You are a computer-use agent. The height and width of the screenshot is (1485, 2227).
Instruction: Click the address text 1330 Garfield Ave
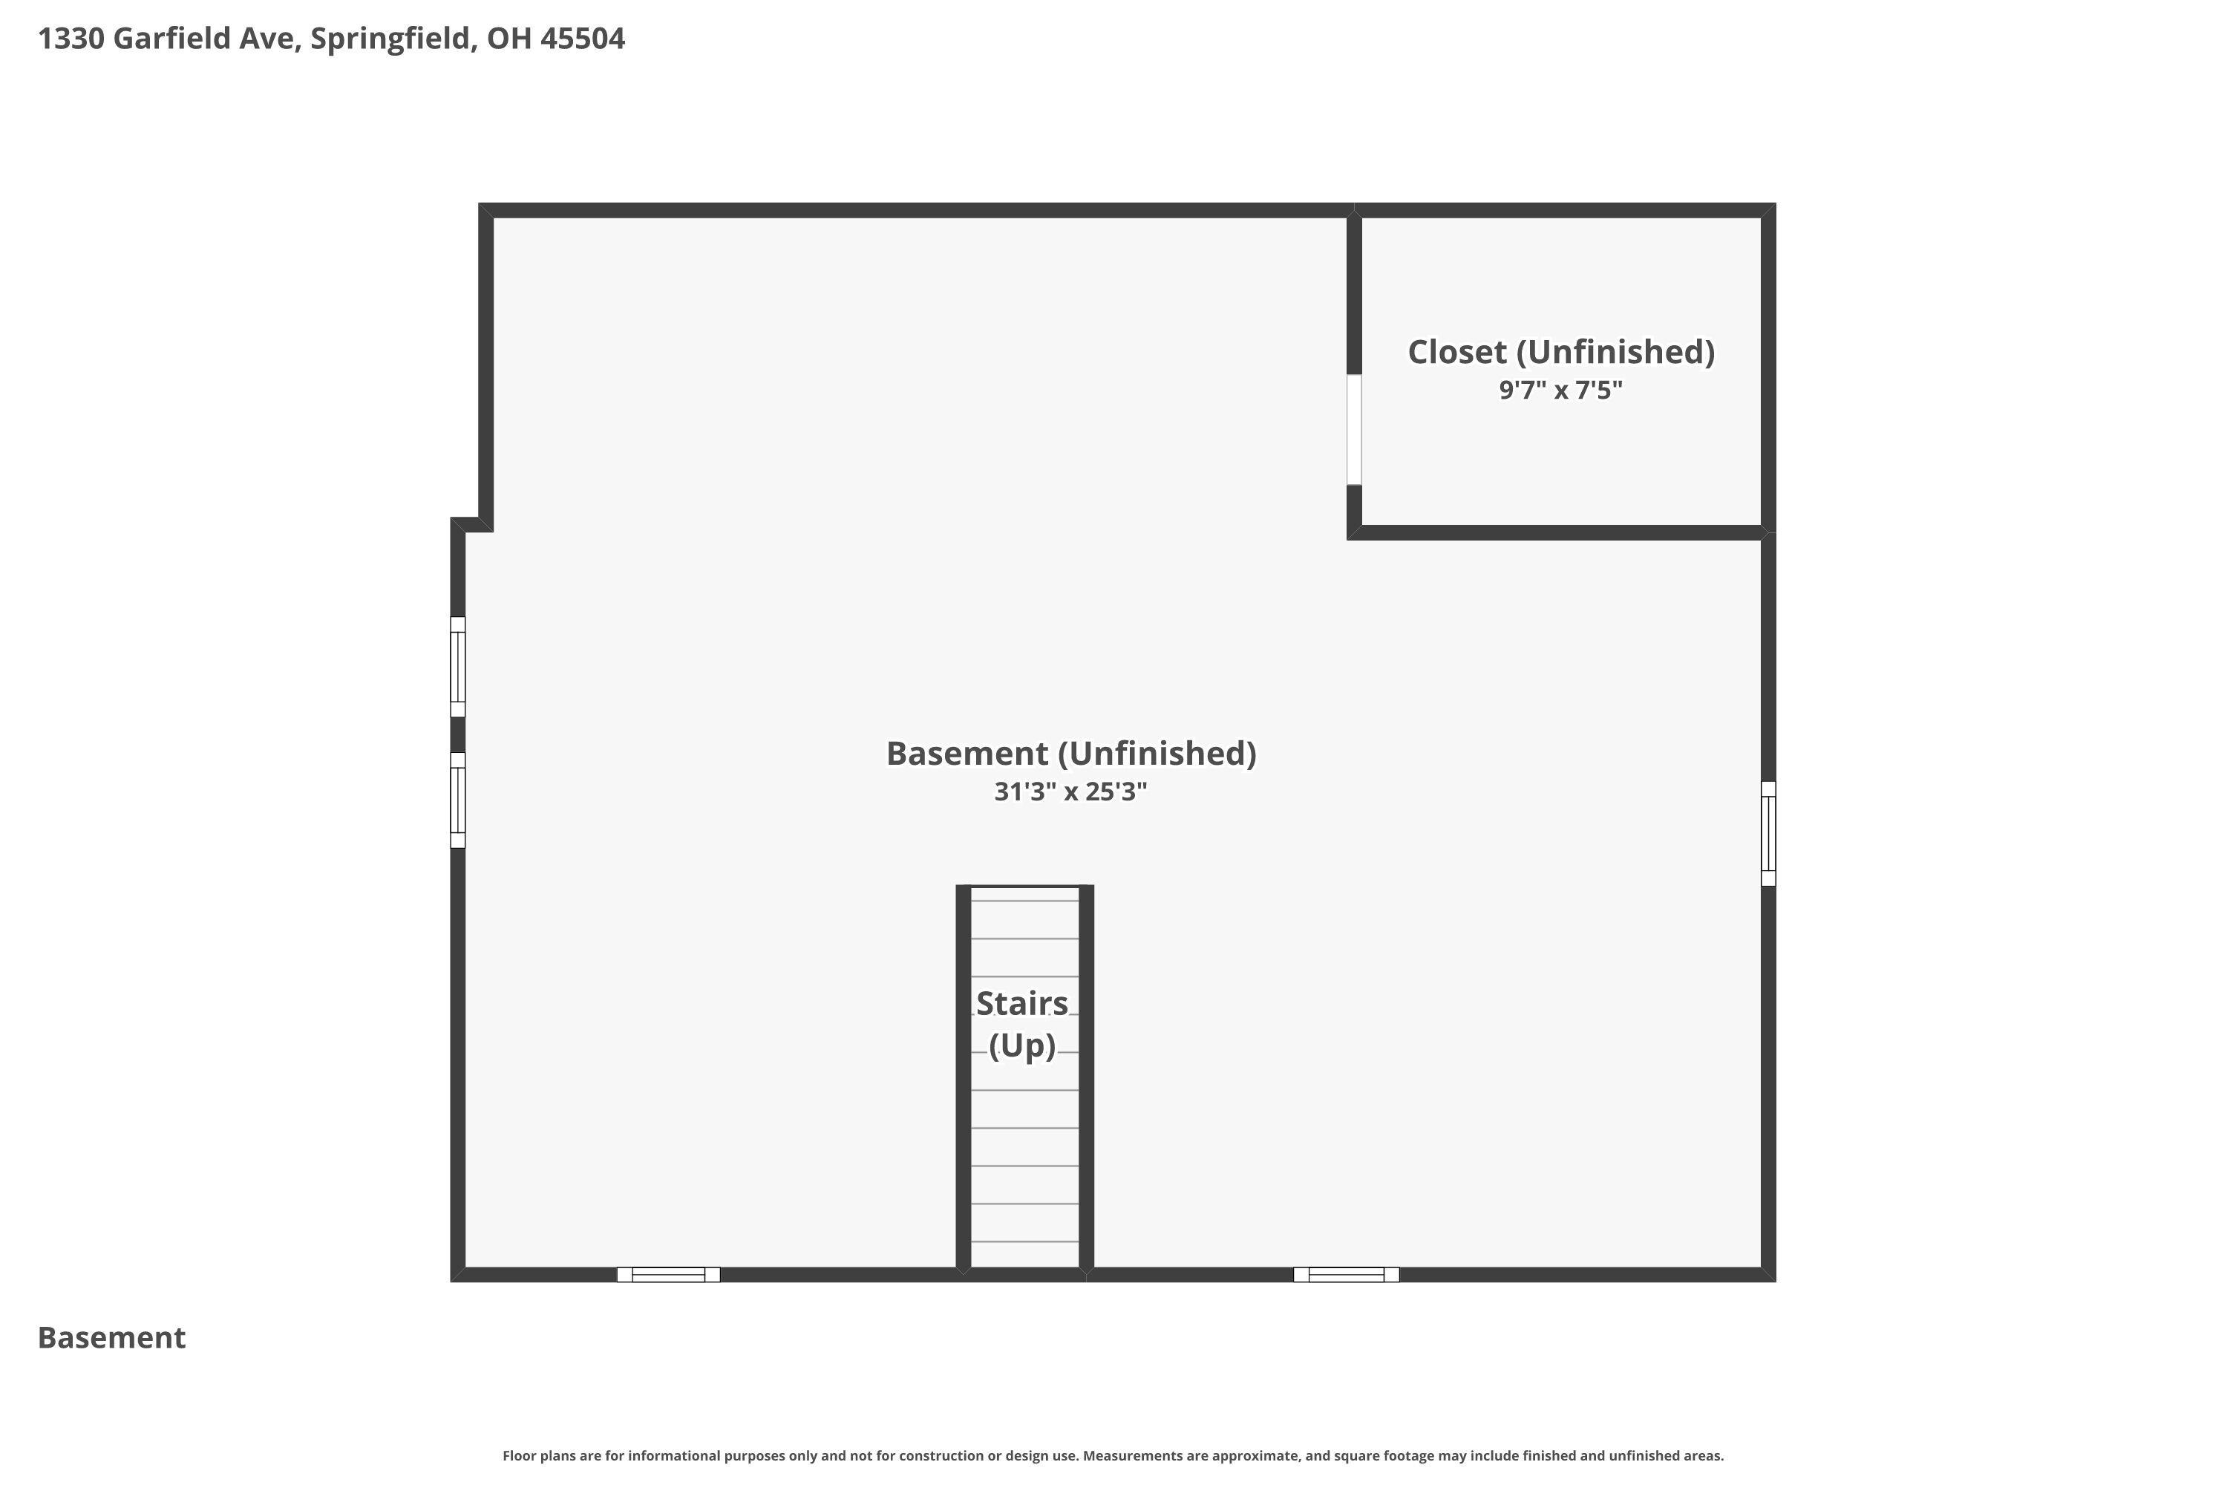click(169, 39)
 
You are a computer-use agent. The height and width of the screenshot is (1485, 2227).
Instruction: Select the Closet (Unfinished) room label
click(1560, 352)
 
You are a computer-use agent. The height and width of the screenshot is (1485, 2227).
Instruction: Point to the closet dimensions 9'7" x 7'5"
click(1560, 391)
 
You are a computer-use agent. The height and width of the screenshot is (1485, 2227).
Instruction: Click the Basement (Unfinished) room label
click(1071, 754)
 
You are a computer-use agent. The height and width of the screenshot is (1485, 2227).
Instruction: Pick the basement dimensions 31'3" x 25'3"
click(1071, 792)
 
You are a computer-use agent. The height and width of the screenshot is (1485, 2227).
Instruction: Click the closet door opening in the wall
click(1354, 430)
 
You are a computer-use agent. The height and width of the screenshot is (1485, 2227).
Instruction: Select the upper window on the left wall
click(457, 667)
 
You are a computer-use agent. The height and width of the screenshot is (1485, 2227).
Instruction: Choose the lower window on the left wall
click(457, 800)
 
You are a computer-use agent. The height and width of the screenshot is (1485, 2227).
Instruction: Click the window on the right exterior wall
click(1767, 833)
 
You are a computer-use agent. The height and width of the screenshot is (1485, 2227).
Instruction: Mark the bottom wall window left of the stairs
click(669, 1275)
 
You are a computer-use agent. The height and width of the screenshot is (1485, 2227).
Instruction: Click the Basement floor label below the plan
click(112, 1338)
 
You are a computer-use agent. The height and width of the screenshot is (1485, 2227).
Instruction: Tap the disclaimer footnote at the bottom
click(1113, 1455)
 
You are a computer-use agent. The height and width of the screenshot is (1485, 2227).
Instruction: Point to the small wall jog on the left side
click(471, 525)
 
